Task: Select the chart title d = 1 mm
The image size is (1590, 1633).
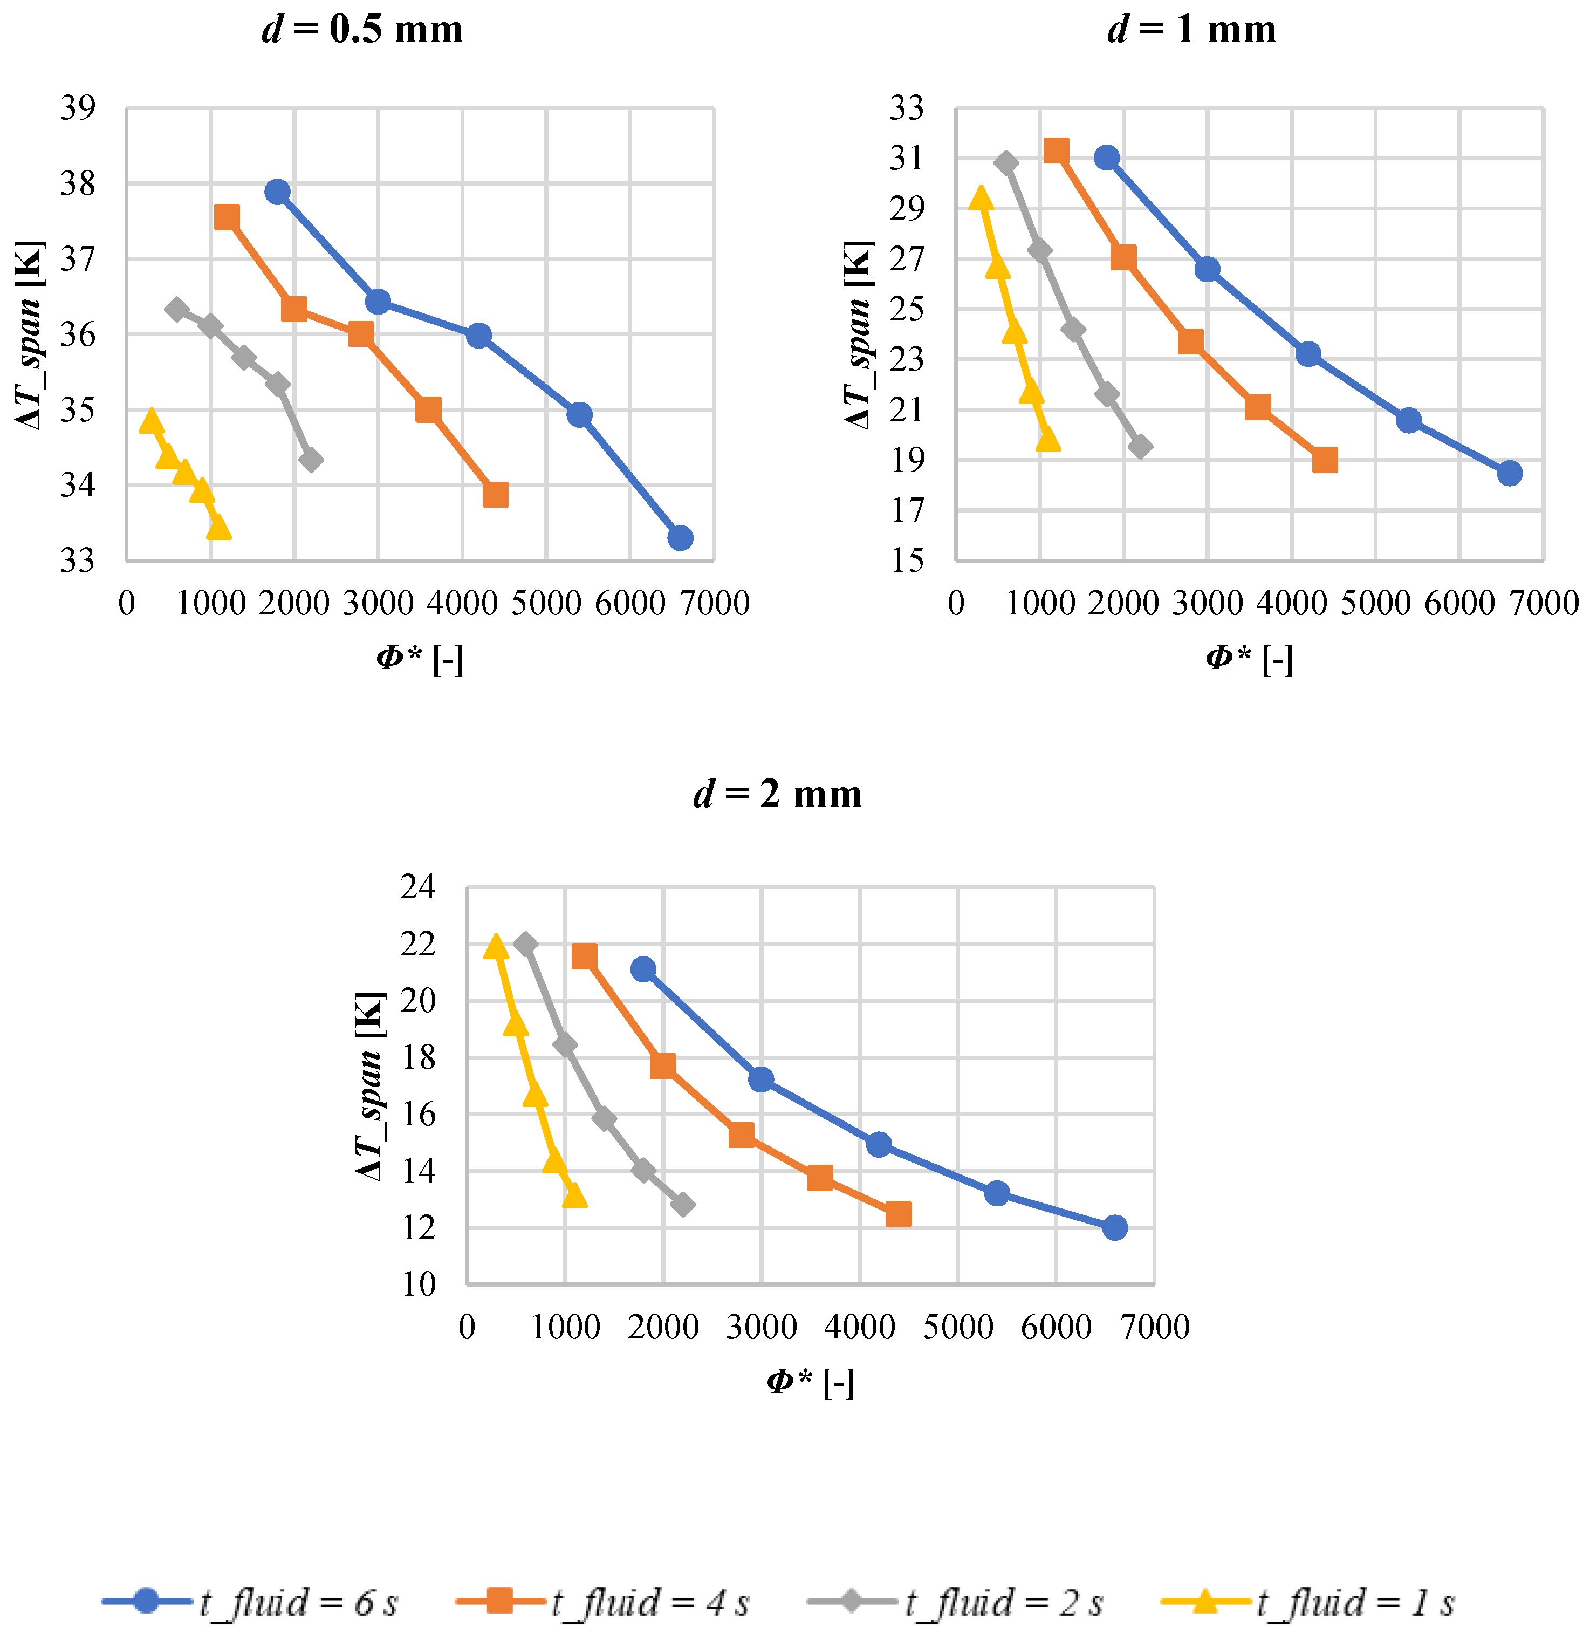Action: [x=1191, y=30]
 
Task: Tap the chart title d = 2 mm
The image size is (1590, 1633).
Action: [x=777, y=794]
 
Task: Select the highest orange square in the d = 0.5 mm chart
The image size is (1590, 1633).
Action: [x=227, y=217]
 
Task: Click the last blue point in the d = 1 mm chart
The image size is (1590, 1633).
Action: [x=1509, y=473]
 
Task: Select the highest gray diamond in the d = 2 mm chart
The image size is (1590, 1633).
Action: [x=525, y=944]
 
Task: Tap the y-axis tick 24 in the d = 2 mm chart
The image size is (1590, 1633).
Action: [x=417, y=886]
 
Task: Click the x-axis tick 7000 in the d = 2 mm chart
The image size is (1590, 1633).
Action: [x=1154, y=1327]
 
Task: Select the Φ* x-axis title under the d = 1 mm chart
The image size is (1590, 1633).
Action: [x=1249, y=659]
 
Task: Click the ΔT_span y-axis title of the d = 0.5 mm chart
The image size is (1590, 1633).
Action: [x=30, y=334]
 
